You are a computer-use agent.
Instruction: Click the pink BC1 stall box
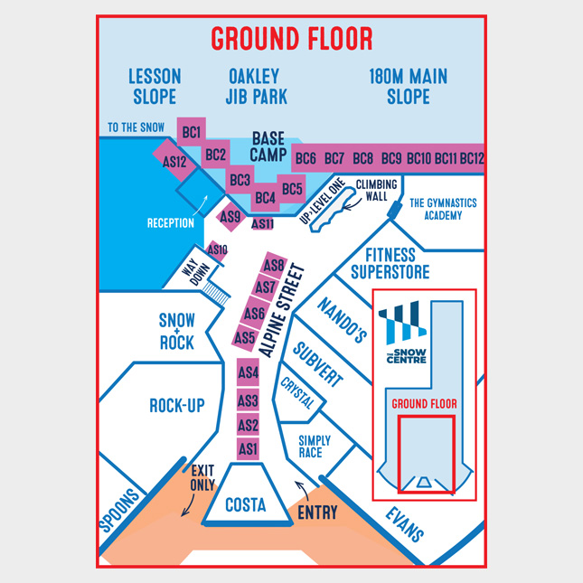click(191, 132)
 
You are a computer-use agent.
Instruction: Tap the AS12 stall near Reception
click(174, 161)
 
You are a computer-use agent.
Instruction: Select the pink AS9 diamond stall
click(230, 216)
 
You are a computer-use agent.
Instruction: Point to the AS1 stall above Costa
click(248, 449)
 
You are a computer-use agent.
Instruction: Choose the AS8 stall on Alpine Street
click(274, 266)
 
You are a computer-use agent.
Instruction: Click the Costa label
click(246, 504)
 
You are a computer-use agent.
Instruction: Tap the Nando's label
click(342, 320)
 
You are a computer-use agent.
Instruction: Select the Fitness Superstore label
click(390, 264)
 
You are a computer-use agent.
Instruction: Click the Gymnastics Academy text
click(443, 209)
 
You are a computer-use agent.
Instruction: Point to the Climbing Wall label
click(376, 191)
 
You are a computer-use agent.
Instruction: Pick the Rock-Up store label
click(177, 405)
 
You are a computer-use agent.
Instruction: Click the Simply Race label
click(315, 447)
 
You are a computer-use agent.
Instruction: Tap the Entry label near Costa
click(317, 512)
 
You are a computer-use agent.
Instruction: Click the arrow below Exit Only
click(189, 505)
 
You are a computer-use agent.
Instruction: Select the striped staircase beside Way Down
click(216, 294)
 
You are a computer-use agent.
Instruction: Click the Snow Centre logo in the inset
click(403, 333)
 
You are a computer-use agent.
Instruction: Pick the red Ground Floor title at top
click(292, 39)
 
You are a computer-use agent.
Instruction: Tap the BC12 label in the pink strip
click(472, 158)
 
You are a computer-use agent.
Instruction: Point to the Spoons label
click(119, 510)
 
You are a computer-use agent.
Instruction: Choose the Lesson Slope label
click(155, 86)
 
